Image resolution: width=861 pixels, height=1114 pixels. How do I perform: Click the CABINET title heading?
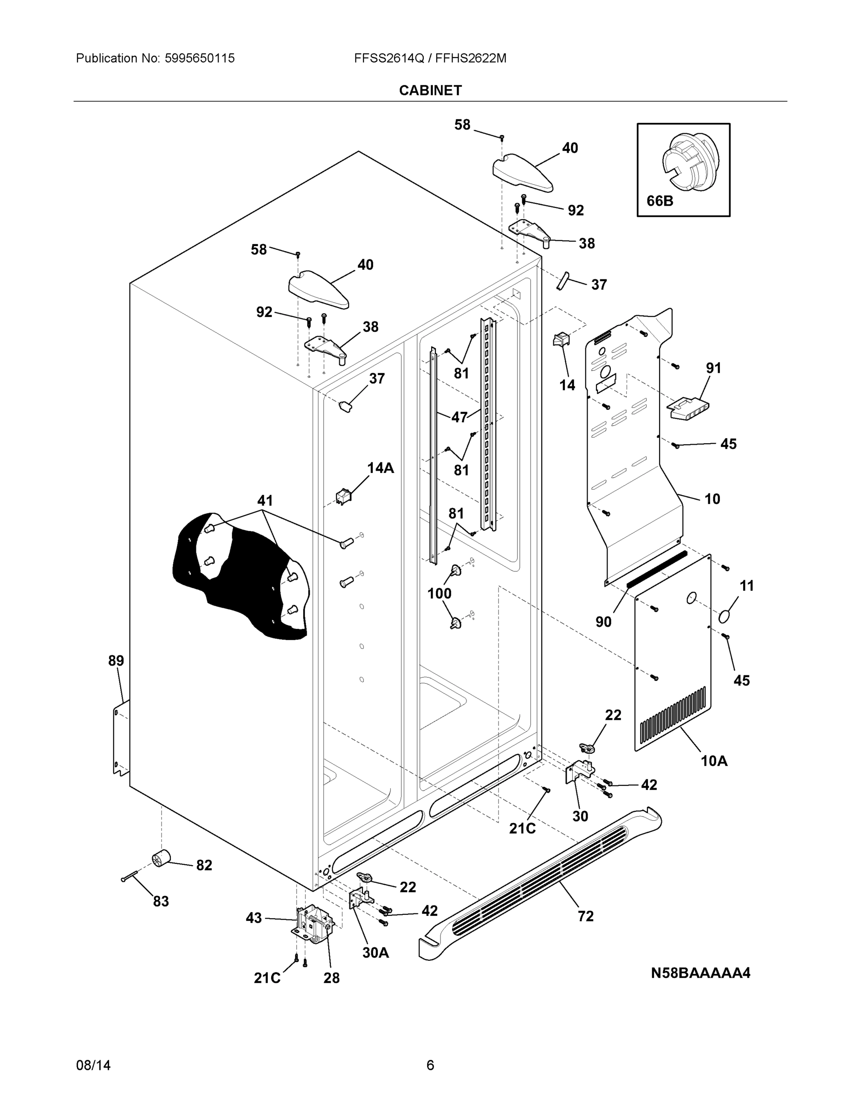coord(430,91)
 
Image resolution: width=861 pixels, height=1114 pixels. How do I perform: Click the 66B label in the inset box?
coord(660,201)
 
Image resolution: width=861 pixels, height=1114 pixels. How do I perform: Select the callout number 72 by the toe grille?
coord(586,916)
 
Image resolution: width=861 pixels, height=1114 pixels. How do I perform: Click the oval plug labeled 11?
coord(728,615)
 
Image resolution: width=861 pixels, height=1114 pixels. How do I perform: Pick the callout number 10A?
coord(713,761)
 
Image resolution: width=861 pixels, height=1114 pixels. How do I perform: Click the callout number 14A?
coord(381,468)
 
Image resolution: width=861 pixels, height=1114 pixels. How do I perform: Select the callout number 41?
coord(265,500)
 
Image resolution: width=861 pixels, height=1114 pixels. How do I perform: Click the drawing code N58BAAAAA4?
coord(700,973)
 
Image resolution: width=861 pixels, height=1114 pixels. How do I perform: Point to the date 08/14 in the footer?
coord(93,1065)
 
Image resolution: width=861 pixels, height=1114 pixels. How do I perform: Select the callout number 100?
coord(439,593)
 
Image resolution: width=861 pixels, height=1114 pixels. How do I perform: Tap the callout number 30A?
coord(375,952)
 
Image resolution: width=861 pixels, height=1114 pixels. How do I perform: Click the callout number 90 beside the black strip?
coord(603,621)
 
